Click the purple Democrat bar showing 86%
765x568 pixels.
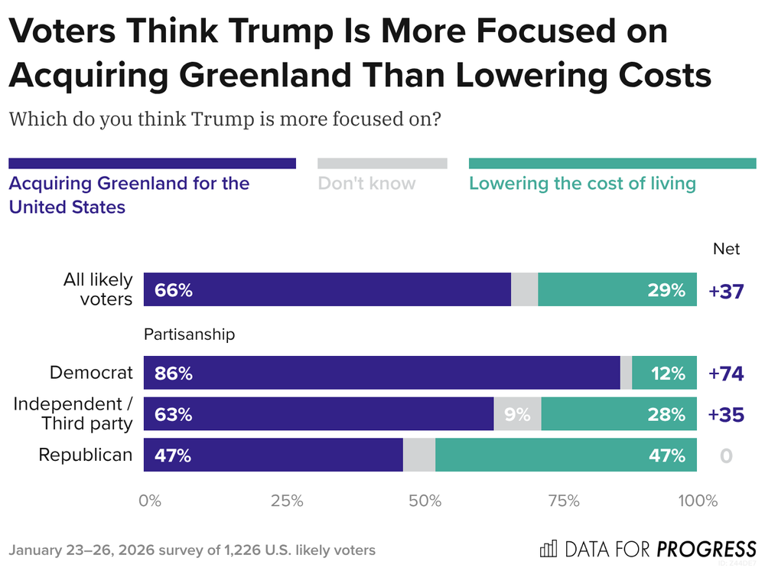382,373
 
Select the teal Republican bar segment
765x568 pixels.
566,455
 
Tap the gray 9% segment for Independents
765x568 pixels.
518,414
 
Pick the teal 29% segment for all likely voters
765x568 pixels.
617,289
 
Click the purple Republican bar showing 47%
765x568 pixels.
273,455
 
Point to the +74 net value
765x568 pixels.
727,374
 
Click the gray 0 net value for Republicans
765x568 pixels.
726,456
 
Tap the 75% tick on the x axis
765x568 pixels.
564,501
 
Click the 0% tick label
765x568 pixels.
150,501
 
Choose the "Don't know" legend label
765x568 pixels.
366,184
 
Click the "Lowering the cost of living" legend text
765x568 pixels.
582,184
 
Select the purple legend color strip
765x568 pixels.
152,163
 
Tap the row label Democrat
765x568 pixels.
91,373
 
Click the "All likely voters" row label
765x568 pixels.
98,289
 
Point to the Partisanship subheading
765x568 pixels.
189,335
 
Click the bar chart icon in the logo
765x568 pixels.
548,549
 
